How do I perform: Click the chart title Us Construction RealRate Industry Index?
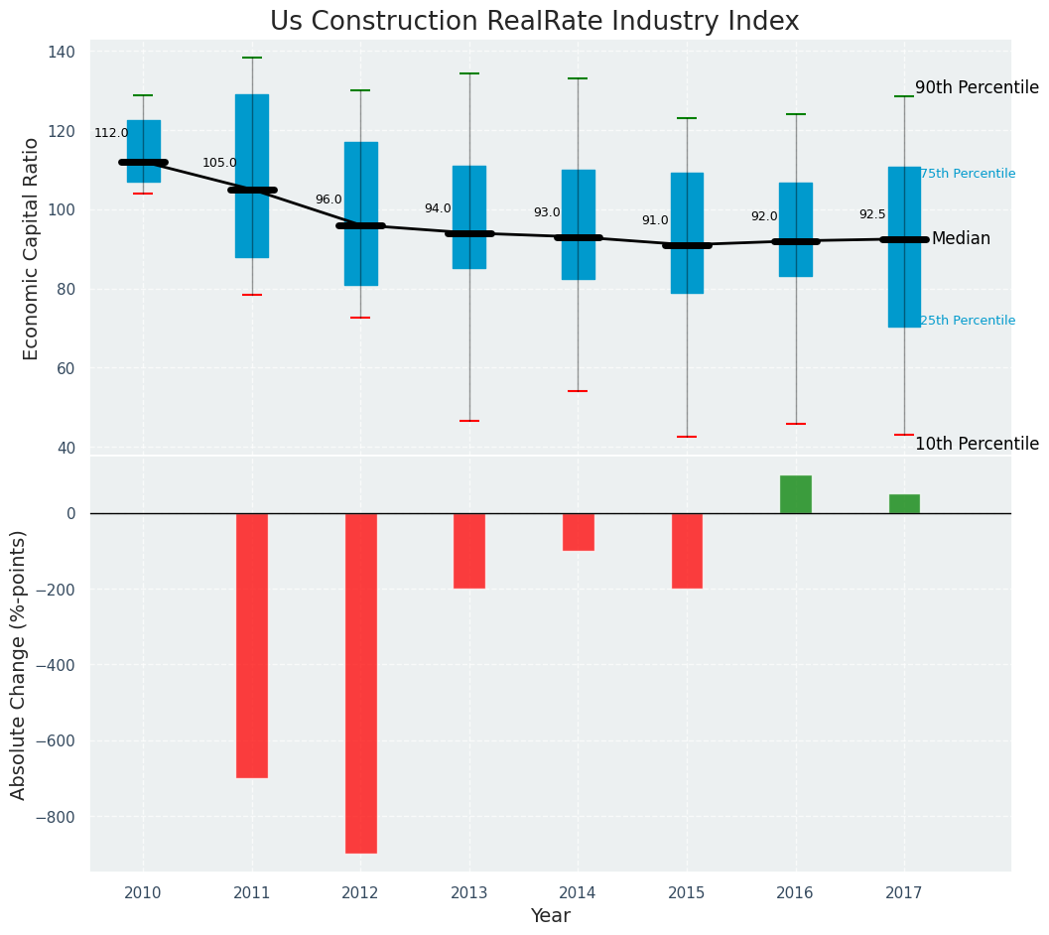pyautogui.click(x=534, y=22)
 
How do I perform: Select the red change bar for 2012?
pyautogui.click(x=360, y=683)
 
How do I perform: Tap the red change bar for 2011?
pyautogui.click(x=252, y=645)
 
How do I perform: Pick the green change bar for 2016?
pyautogui.click(x=796, y=494)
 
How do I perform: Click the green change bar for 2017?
pyautogui.click(x=904, y=503)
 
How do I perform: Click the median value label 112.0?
pyautogui.click(x=111, y=134)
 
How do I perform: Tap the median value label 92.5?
pyautogui.click(x=872, y=215)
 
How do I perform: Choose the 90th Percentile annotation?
pyautogui.click(x=977, y=88)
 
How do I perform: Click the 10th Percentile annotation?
pyautogui.click(x=977, y=445)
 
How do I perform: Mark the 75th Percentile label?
pyautogui.click(x=968, y=175)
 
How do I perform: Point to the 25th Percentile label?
pyautogui.click(x=968, y=322)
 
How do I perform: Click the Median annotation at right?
pyautogui.click(x=961, y=239)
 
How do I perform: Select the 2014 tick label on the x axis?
pyautogui.click(x=578, y=894)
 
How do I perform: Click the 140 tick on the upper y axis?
pyautogui.click(x=63, y=52)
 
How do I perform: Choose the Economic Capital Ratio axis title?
pyautogui.click(x=32, y=248)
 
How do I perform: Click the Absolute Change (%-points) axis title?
pyautogui.click(x=19, y=664)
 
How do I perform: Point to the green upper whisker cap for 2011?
pyautogui.click(x=252, y=58)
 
